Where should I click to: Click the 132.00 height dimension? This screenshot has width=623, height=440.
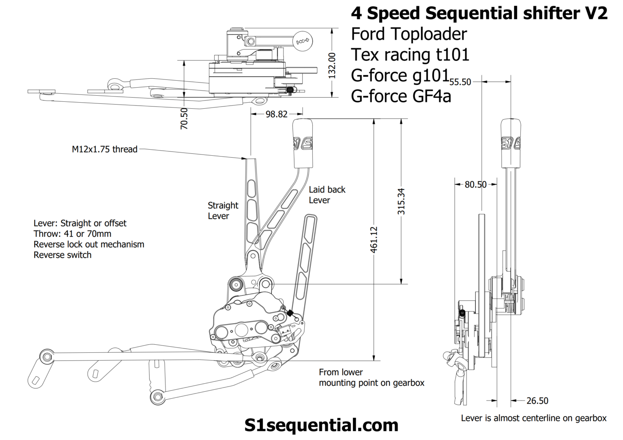point(332,65)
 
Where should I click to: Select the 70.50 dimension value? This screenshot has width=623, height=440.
point(184,118)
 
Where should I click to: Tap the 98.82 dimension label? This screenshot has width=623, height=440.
point(276,114)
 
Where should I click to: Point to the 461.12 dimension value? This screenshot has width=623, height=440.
point(374,239)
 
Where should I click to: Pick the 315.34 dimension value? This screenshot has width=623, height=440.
point(401,201)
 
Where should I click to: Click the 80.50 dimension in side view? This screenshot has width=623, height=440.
point(475,185)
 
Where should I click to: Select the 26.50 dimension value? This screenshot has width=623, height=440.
point(537,401)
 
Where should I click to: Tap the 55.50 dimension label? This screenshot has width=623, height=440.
point(460,82)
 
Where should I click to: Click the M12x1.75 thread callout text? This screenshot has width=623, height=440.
point(105,149)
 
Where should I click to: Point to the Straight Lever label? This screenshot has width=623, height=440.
point(223,210)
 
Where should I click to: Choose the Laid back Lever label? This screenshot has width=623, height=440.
point(327,195)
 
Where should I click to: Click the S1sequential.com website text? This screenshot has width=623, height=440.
point(321,425)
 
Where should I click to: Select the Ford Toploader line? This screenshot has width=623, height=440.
point(409,34)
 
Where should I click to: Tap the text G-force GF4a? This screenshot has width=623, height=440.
point(401,97)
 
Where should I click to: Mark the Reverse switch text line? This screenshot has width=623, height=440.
point(62,255)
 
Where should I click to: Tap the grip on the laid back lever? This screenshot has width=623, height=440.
point(303,144)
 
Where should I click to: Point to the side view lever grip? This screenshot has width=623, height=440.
point(511,144)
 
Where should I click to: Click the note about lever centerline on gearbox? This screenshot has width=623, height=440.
point(533,418)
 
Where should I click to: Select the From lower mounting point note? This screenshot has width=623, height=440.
point(371,378)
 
